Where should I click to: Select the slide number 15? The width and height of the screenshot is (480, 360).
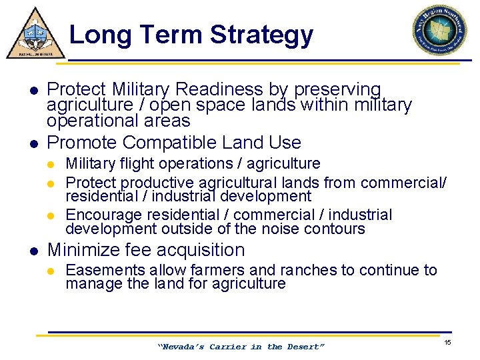[x=448, y=342]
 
